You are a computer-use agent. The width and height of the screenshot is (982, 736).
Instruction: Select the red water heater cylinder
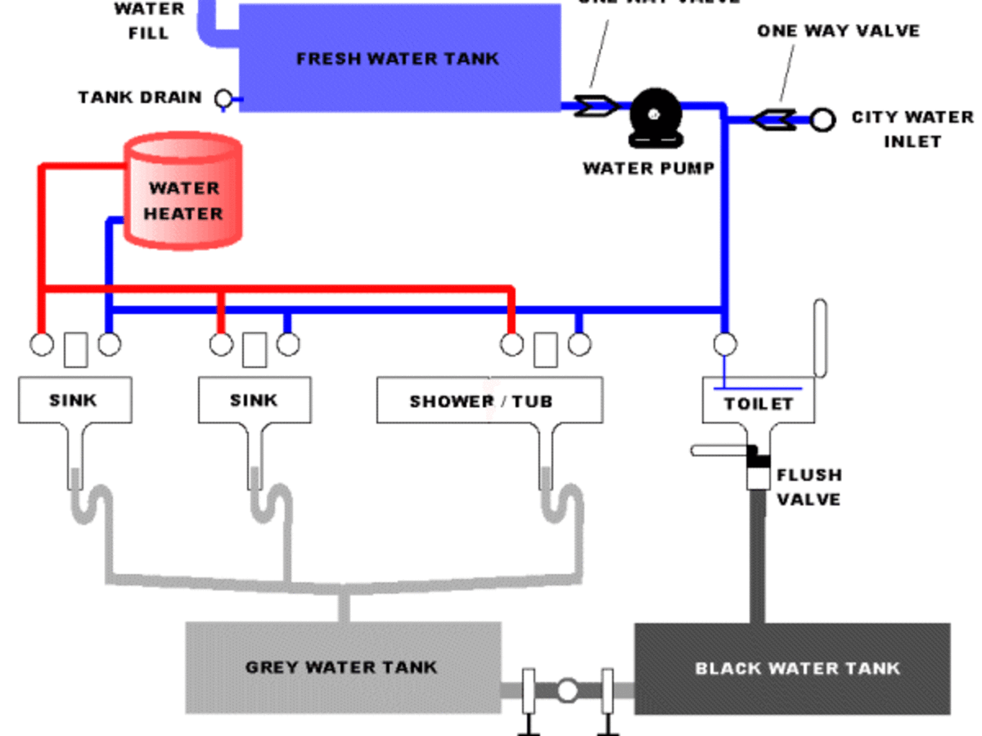[x=183, y=191]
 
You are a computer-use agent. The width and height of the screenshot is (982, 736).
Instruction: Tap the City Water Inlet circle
[x=822, y=120]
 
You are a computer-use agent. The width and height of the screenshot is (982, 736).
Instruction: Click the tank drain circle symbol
[x=223, y=99]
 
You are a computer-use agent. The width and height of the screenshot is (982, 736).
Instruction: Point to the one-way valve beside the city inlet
[x=773, y=119]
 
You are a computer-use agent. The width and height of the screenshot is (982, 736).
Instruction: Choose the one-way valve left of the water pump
[x=595, y=105]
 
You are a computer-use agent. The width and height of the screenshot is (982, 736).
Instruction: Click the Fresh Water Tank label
[x=398, y=59]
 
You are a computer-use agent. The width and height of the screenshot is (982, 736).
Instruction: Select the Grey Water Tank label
[x=341, y=667]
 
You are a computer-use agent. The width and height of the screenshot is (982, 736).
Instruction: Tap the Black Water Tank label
[x=797, y=668]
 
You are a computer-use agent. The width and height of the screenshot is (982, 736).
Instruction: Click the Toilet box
[x=759, y=402]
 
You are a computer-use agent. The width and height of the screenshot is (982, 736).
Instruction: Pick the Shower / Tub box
[x=489, y=401]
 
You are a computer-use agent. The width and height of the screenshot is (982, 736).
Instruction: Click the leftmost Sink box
[x=74, y=400]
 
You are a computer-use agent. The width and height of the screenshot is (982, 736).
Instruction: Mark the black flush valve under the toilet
[x=759, y=459]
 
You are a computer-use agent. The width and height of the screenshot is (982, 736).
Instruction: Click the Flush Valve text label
[x=809, y=487]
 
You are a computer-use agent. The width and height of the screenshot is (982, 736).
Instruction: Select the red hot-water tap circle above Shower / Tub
[x=511, y=345]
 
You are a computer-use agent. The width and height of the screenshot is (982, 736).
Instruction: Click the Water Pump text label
[x=648, y=168]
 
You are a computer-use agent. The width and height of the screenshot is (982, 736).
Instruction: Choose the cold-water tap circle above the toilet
[x=724, y=344]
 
